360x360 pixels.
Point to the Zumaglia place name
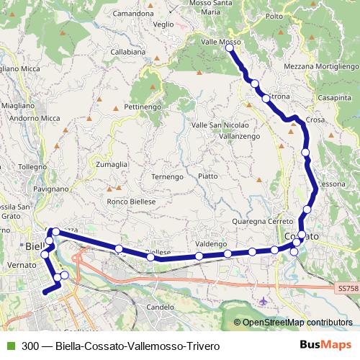pyautogui.click(x=112, y=164)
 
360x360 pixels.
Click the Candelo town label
pyautogui.click(x=161, y=307)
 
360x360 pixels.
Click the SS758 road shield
pyautogui.click(x=347, y=289)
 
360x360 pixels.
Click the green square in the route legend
pyautogui.click(x=8, y=345)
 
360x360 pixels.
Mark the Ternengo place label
pyautogui.click(x=168, y=176)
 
